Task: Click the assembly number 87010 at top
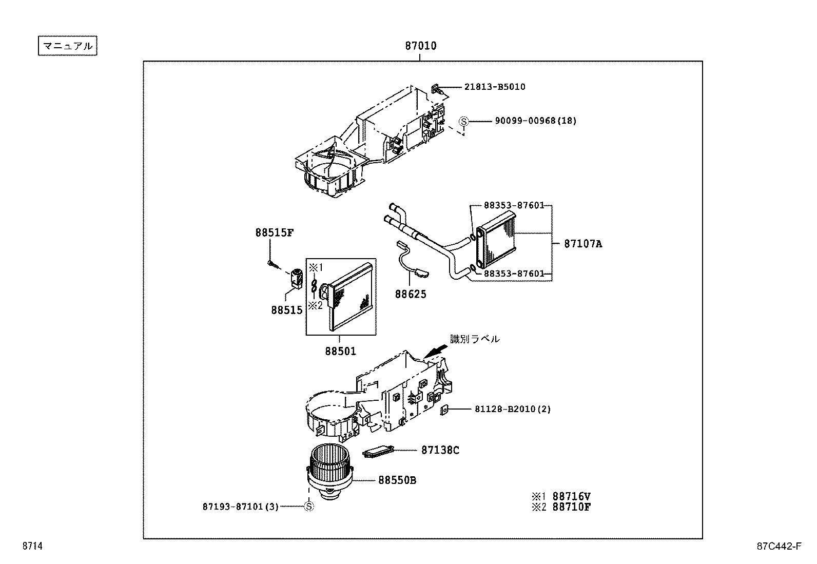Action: coord(420,46)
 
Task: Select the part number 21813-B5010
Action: coord(494,87)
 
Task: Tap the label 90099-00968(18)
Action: coord(535,121)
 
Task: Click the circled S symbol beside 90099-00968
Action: coord(463,122)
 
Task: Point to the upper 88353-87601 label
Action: coord(514,205)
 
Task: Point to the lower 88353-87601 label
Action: coord(514,274)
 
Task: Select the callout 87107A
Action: coord(582,244)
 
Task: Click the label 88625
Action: coord(410,295)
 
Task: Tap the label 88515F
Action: coord(274,232)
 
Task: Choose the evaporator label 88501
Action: coord(340,352)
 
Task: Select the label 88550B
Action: coord(397,480)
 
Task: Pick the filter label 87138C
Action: coord(440,450)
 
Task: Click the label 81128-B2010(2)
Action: coord(505,409)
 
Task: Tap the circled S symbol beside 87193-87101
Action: coord(309,507)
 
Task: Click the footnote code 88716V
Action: coord(571,496)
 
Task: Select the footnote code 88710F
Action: coord(571,507)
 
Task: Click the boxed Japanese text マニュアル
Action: coord(67,46)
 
